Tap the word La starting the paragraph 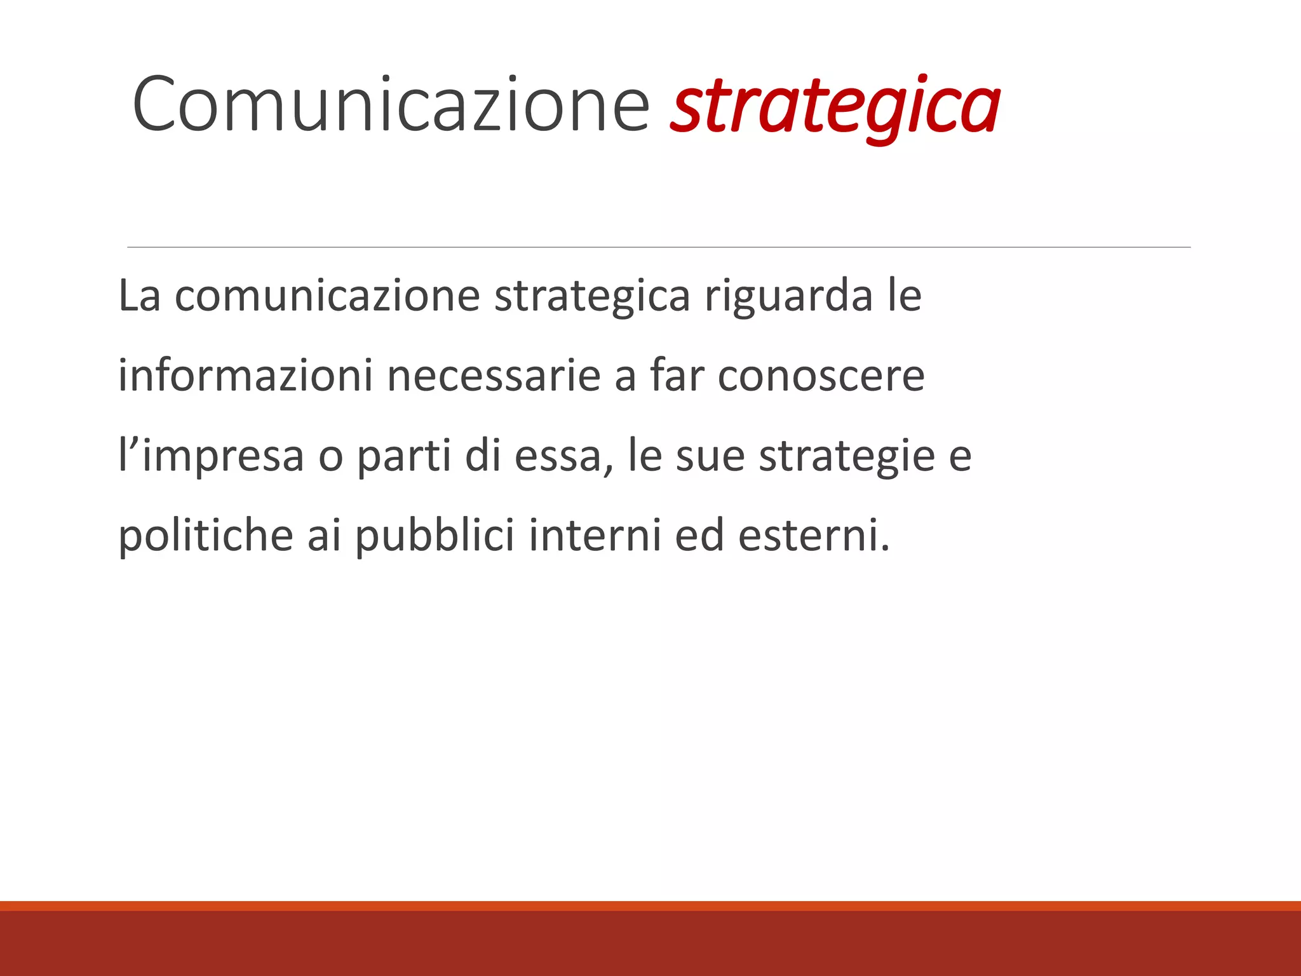click(139, 295)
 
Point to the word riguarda click(788, 297)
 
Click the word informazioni click(245, 375)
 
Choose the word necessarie click(494, 376)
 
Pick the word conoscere click(821, 376)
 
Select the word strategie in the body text click(847, 456)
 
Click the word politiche click(206, 535)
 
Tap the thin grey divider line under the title click(659, 247)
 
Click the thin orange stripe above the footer click(650, 905)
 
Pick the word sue click(710, 456)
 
